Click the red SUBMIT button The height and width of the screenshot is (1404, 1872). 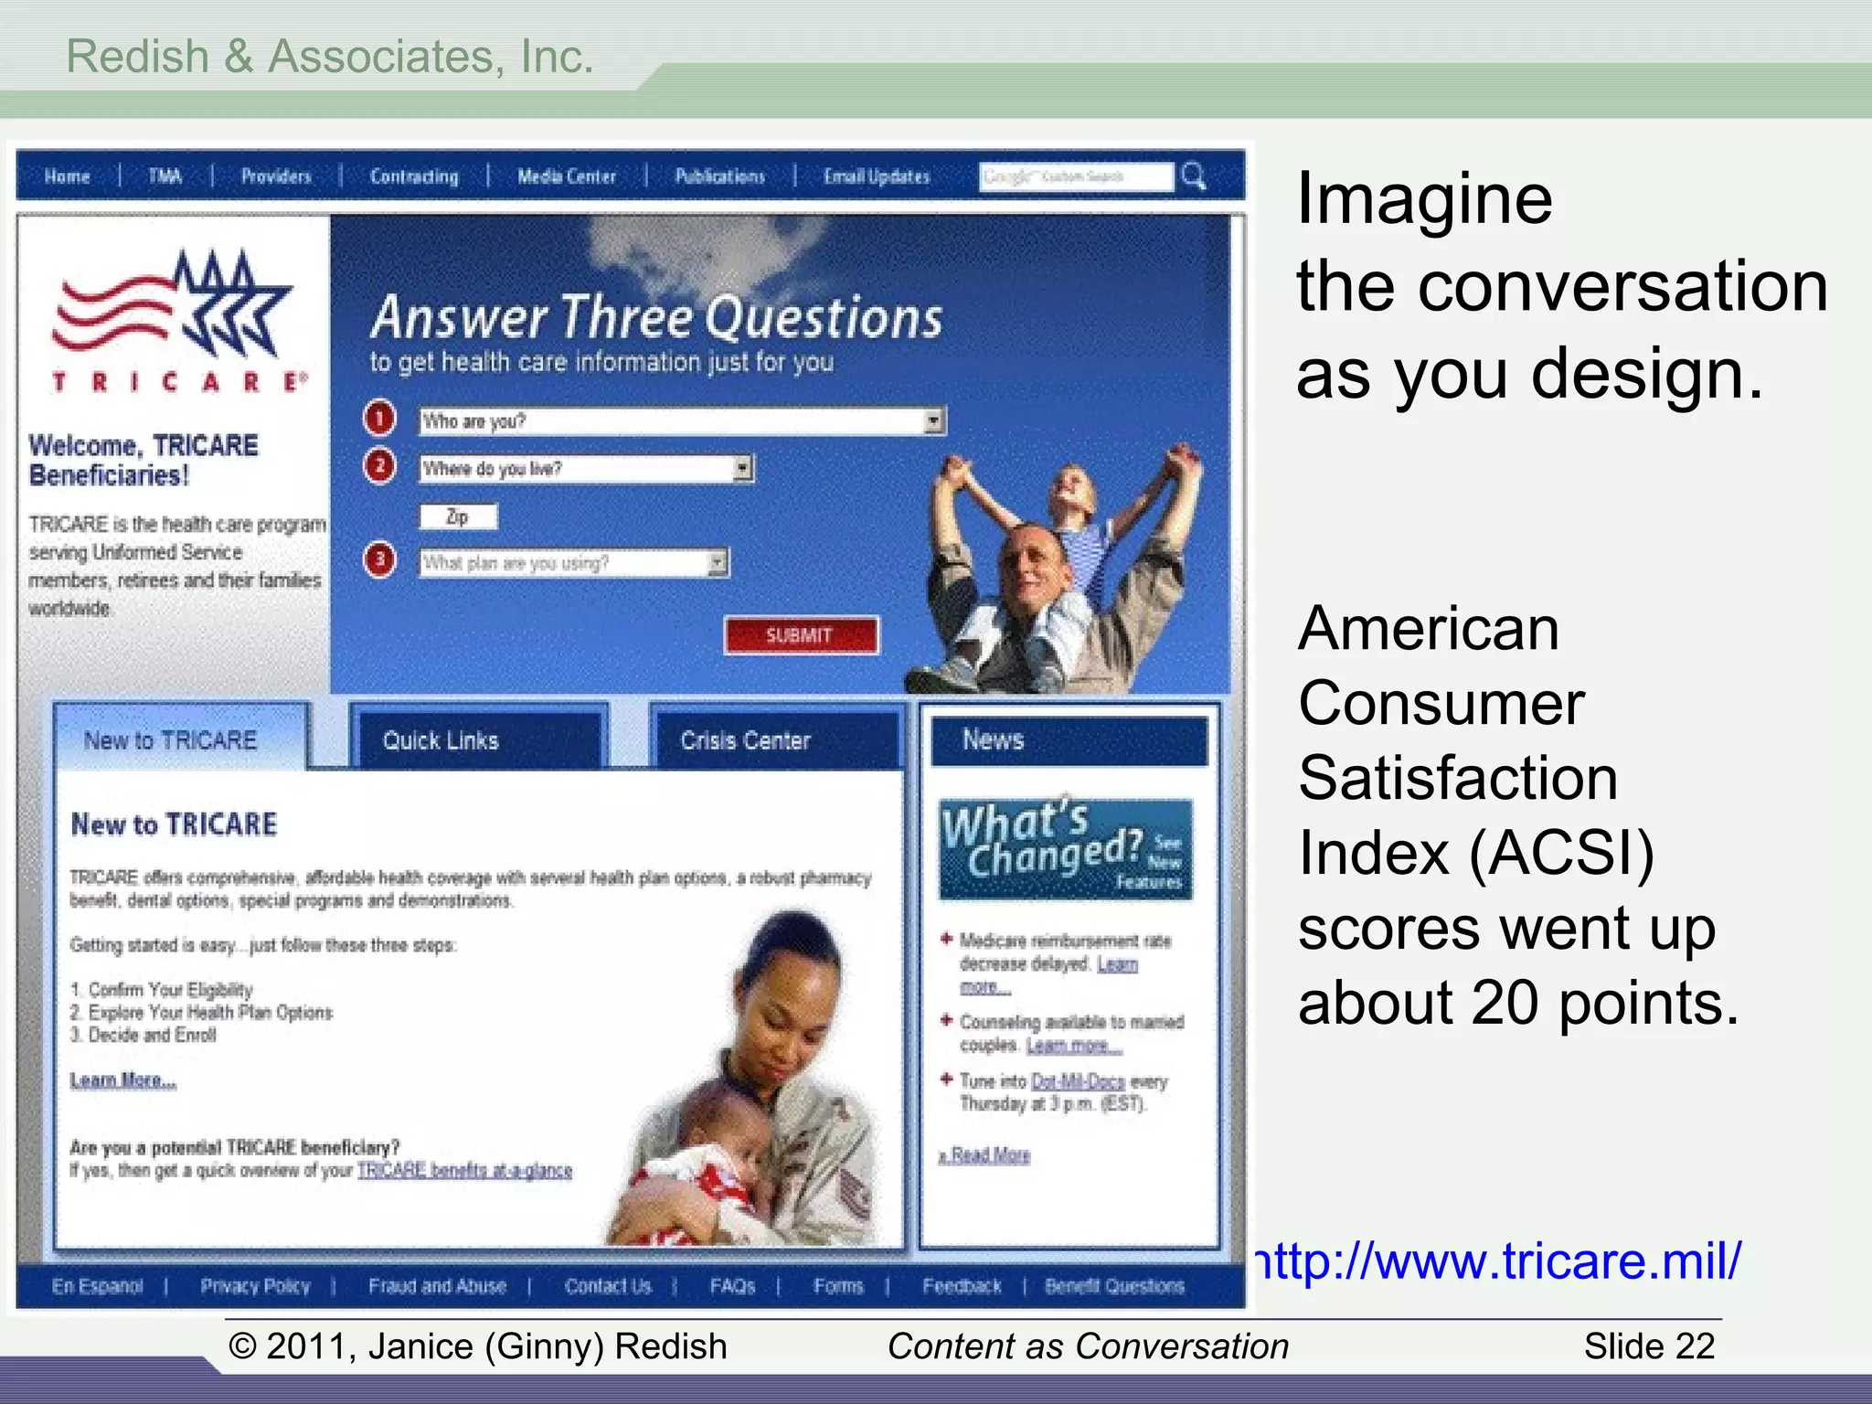click(801, 635)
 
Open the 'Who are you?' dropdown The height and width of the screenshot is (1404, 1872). click(682, 421)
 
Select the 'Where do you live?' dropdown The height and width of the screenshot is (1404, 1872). click(586, 469)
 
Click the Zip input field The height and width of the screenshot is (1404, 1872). click(458, 517)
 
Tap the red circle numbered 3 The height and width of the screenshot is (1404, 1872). click(379, 559)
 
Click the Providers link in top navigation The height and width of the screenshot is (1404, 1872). click(276, 176)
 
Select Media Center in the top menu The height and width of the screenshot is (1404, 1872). click(567, 176)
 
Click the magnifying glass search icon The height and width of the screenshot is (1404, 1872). click(1194, 175)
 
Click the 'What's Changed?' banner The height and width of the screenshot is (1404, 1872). click(1065, 848)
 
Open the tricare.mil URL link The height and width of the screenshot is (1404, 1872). click(1499, 1261)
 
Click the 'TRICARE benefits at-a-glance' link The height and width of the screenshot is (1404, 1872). click(464, 1171)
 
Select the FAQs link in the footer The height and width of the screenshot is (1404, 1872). click(732, 1286)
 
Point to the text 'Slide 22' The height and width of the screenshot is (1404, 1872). click(1649, 1346)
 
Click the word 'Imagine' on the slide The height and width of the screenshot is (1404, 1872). click(1424, 199)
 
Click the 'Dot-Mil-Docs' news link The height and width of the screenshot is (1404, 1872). click(1078, 1081)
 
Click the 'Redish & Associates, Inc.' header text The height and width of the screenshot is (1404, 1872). click(330, 57)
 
